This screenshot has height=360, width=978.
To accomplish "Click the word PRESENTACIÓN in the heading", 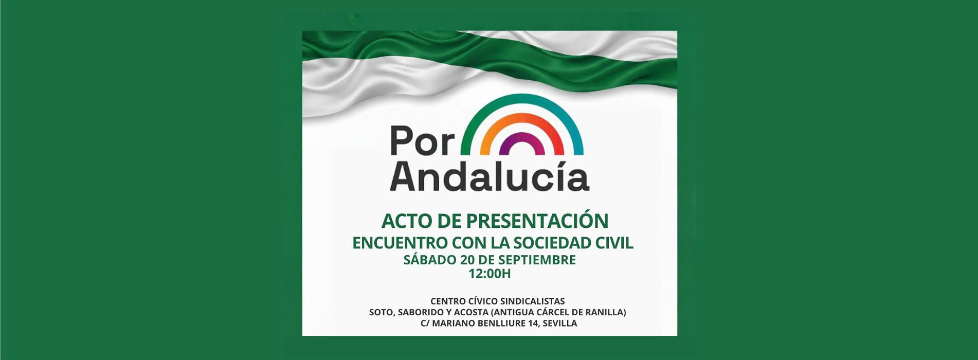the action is (537, 221).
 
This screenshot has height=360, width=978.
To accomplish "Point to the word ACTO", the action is (407, 221).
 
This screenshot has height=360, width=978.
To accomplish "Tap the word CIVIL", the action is (615, 243).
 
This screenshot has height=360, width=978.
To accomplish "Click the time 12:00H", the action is (490, 274).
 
